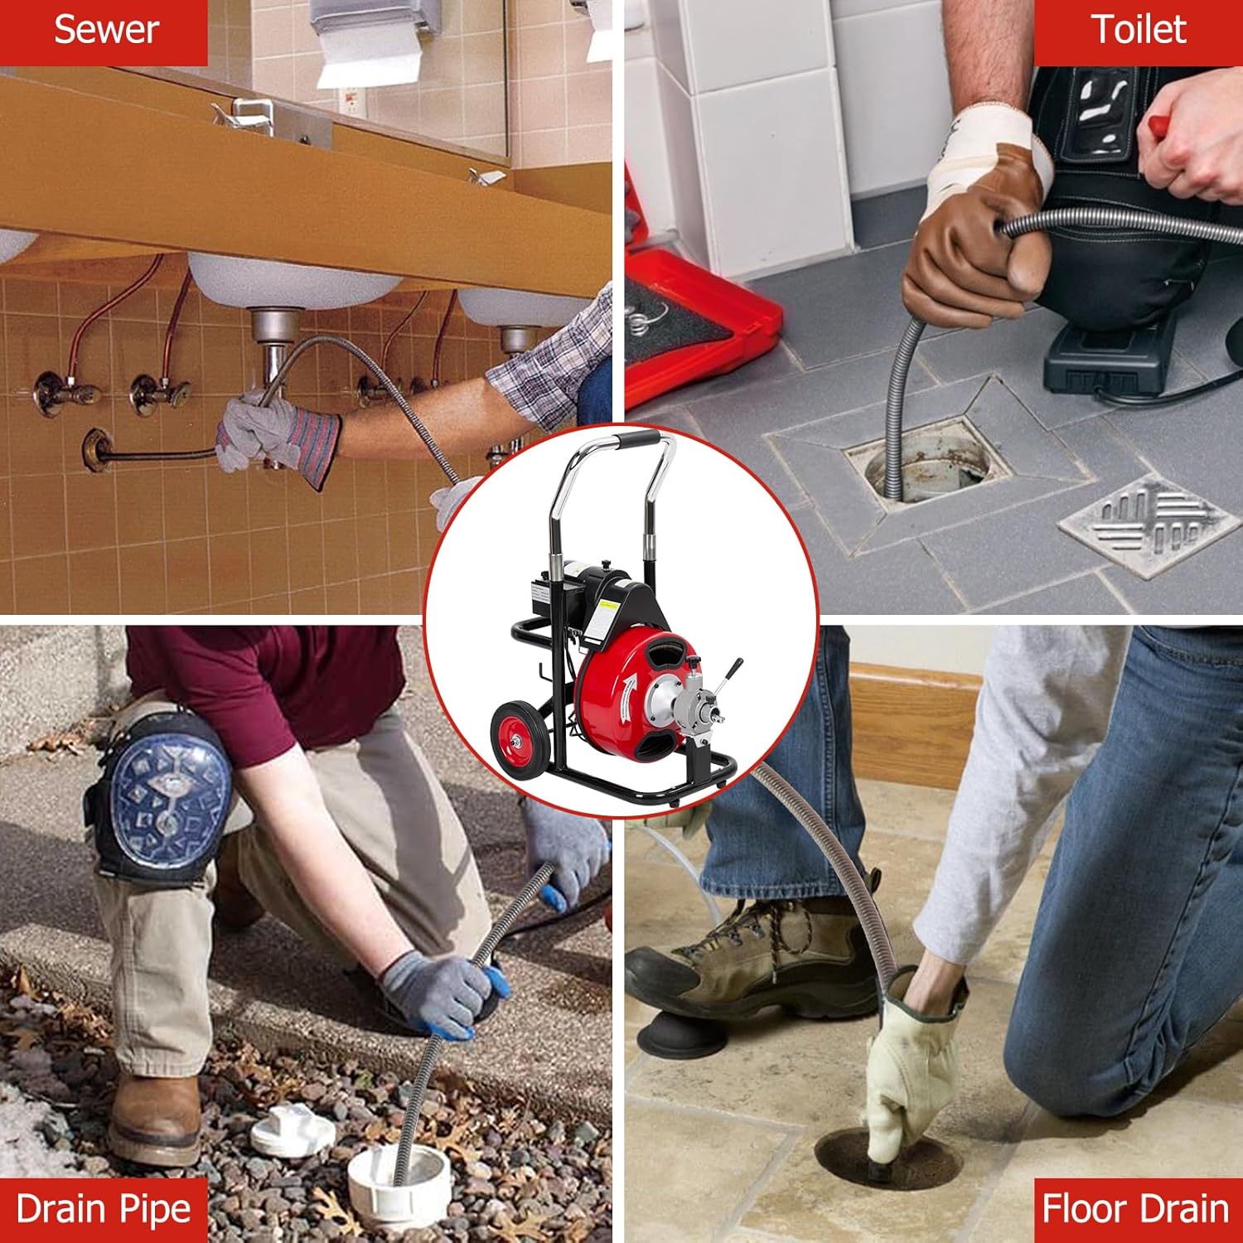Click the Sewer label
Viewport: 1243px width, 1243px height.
tap(105, 31)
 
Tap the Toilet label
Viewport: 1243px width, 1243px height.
tap(1139, 31)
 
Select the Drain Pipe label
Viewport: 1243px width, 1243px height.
tap(104, 1209)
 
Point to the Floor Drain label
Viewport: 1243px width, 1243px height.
tap(1135, 1209)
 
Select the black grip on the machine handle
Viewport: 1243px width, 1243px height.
tap(636, 437)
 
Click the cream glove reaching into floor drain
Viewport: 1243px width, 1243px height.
tap(912, 1069)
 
